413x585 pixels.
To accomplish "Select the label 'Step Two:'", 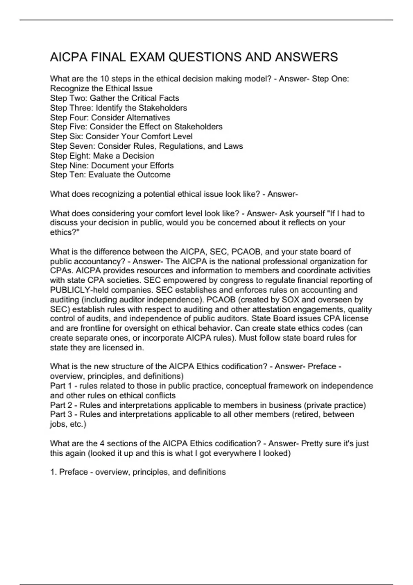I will pos(69,98).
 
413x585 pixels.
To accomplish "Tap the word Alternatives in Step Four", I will pos(148,117).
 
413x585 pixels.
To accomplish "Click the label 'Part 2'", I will pos(59,405).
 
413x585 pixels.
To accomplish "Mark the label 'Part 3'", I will pos(59,414).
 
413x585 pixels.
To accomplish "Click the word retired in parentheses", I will pos(306,414).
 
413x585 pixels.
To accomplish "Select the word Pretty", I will pos(312,444).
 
